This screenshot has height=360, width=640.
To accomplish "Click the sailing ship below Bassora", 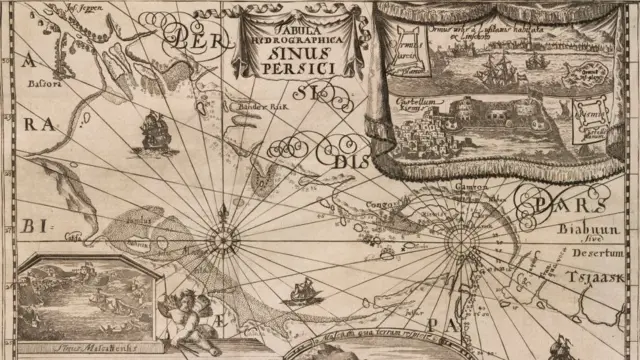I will point(153,130).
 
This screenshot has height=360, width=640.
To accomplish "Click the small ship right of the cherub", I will point(299,293).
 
